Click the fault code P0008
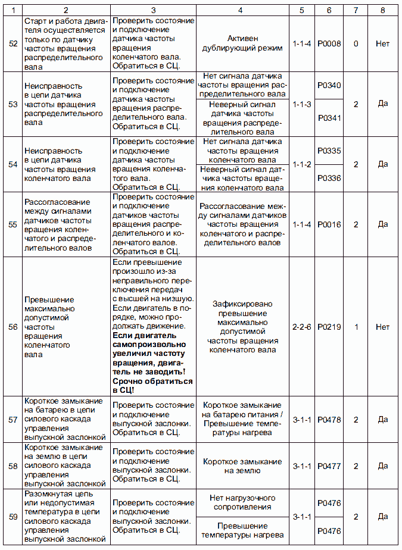click(329, 43)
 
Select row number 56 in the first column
click(13, 327)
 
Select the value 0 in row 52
click(356, 43)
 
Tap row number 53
click(13, 104)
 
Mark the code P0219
click(329, 327)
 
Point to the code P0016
click(329, 224)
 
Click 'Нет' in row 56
click(382, 327)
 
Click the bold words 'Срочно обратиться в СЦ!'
click(153, 385)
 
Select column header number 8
click(382, 10)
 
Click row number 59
click(13, 517)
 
